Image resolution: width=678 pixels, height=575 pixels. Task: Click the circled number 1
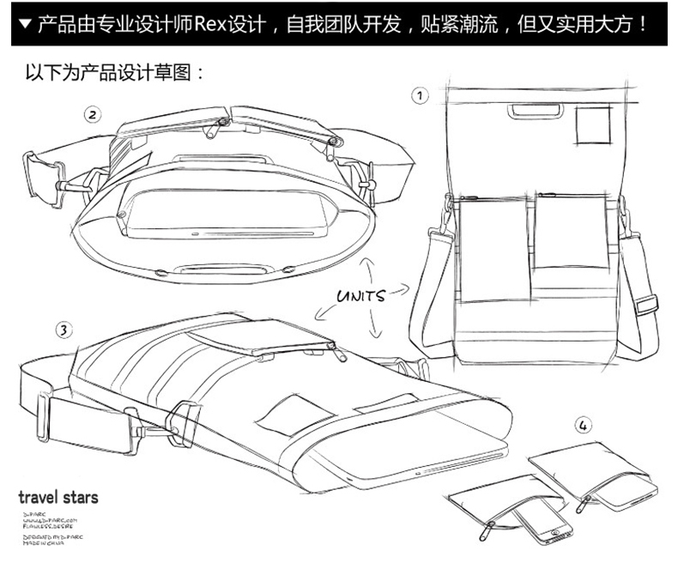(420, 94)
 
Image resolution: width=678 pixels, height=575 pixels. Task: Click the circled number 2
(92, 113)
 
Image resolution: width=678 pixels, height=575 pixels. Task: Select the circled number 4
(584, 424)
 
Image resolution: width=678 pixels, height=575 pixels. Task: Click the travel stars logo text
(58, 497)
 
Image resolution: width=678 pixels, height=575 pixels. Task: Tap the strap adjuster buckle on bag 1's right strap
(645, 305)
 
